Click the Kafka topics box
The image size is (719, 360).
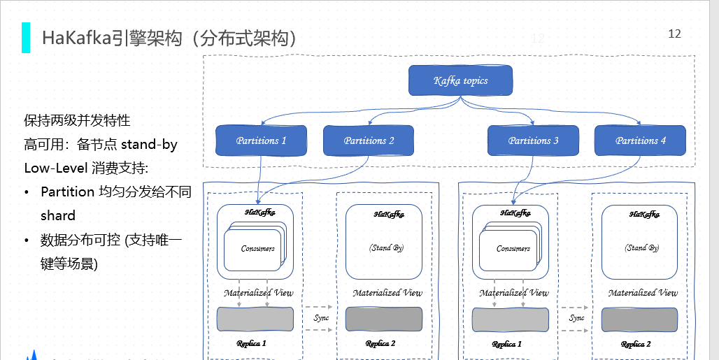pos(460,80)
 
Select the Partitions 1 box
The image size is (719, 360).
pos(261,141)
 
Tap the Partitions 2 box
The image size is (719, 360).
pos(369,141)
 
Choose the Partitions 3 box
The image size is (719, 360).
pos(533,141)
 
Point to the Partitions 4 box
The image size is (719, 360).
pos(640,141)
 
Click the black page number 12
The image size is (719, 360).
pos(674,34)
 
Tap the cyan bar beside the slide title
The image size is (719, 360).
pos(26,38)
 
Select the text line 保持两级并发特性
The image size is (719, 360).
pos(77,120)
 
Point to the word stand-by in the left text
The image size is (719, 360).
pos(150,145)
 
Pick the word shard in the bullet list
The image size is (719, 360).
pos(58,215)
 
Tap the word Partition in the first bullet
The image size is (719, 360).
pos(68,192)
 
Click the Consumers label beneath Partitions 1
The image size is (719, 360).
pos(257,249)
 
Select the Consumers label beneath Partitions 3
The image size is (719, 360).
pos(513,249)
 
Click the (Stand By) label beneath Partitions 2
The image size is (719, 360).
pos(386,247)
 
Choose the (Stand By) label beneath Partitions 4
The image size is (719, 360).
pos(642,247)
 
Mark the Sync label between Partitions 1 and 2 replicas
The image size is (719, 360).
pos(321,318)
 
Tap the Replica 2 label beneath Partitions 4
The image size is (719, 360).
pos(636,344)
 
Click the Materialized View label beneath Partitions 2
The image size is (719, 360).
pos(387,293)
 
